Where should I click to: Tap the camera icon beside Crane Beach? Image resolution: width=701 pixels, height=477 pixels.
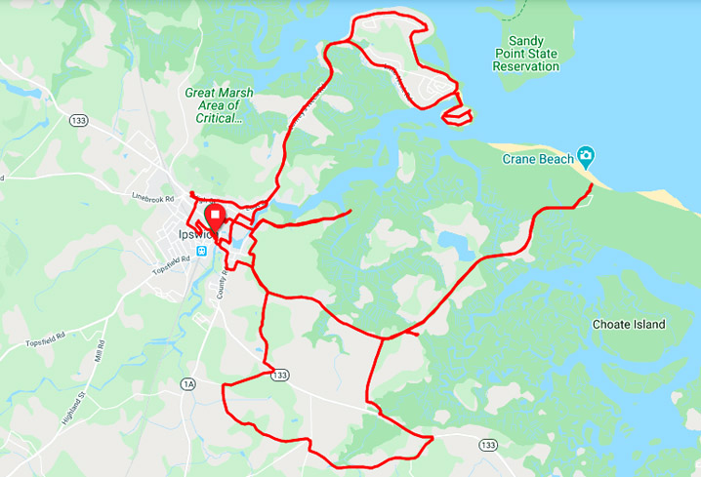(585, 155)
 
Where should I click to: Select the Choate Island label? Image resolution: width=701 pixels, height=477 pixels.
(628, 324)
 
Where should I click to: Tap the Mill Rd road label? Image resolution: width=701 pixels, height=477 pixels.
(100, 349)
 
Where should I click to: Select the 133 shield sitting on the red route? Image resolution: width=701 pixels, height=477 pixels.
(281, 375)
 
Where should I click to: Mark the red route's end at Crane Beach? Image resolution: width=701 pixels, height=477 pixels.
(592, 183)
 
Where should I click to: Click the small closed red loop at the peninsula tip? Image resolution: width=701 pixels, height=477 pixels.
(457, 116)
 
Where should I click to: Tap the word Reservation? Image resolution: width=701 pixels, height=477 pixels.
(526, 66)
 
